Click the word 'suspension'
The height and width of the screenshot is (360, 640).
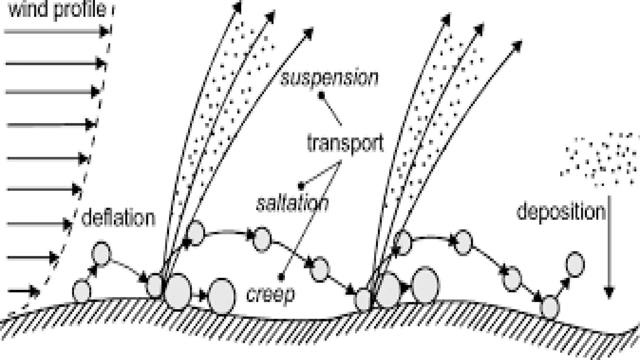pos(329,78)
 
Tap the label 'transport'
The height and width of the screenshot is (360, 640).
pos(345,143)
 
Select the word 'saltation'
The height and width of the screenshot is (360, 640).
pos(292,203)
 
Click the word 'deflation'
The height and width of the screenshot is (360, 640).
pos(118,218)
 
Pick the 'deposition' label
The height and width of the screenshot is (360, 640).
pos(561,212)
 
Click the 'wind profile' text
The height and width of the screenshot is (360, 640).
pos(58,9)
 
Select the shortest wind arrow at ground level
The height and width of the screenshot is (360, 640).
pos(24,292)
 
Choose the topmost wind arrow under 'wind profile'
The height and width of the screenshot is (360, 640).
pos(56,31)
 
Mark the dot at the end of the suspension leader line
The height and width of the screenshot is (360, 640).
pos(321,94)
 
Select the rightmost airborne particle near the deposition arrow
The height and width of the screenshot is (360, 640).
pos(575,264)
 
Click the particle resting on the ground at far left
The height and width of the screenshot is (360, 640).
pos(82,291)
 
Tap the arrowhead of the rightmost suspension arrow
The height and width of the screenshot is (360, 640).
pos(517,46)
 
